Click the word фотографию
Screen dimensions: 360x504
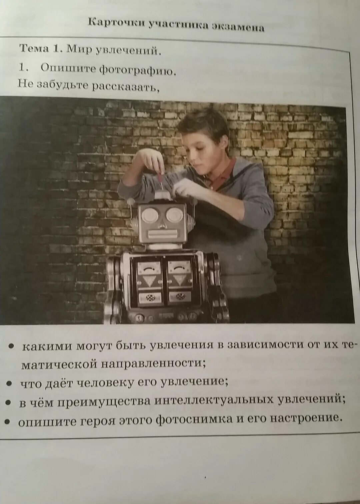tap(137, 70)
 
